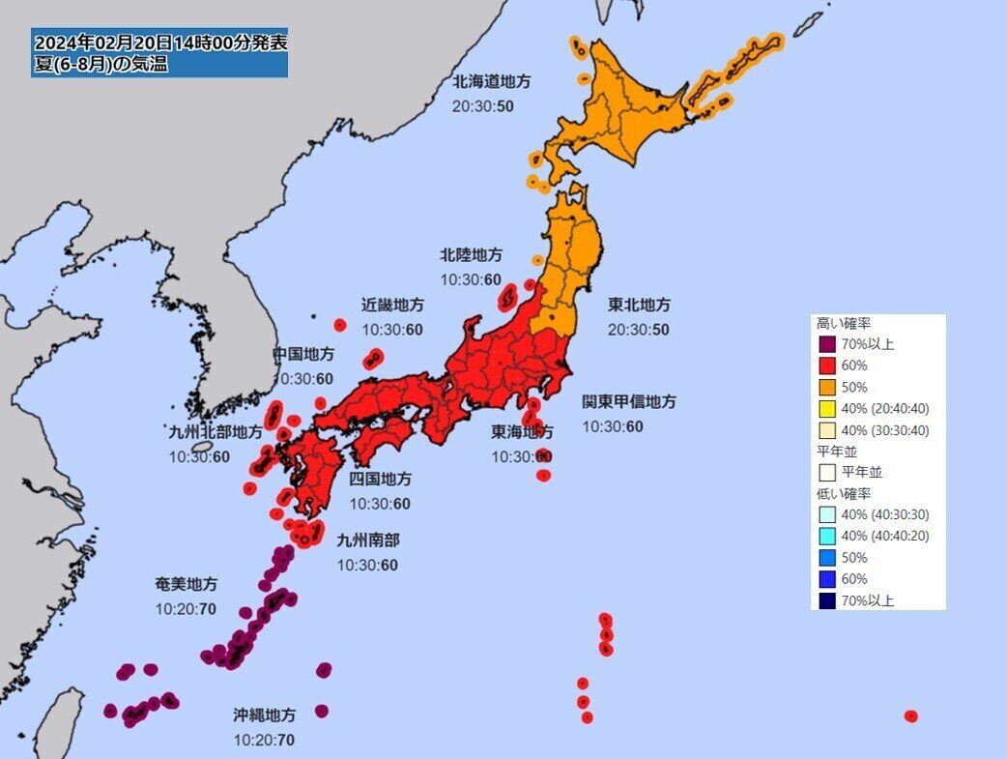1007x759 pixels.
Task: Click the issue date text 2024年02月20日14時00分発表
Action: [x=159, y=44]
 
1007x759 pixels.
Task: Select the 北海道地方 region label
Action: [x=492, y=82]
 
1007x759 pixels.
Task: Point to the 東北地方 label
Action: [x=639, y=305]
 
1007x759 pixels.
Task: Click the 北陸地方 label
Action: [x=471, y=255]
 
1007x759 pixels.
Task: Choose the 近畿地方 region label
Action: [x=393, y=305]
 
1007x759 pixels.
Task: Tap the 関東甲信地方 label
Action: [x=628, y=401]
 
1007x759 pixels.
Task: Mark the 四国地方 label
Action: [x=380, y=479]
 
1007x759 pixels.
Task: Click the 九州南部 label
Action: [x=367, y=540]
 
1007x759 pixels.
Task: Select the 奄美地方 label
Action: [x=186, y=584]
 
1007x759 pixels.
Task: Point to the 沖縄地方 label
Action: [x=264, y=715]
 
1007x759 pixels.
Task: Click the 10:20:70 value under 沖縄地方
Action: [x=264, y=741]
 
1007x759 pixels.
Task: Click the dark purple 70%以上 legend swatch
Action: [x=826, y=344]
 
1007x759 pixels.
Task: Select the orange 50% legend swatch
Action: [x=826, y=387]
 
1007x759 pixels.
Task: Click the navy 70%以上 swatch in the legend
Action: [x=826, y=600]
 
